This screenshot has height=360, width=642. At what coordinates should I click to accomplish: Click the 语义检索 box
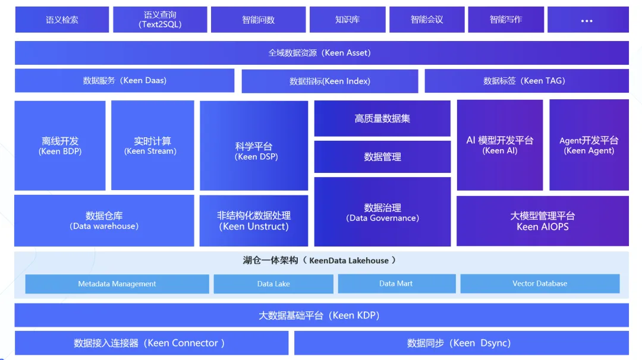point(62,20)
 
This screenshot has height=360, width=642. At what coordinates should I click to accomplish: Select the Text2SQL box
point(160,20)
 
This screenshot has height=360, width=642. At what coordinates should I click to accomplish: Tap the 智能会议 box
point(427,20)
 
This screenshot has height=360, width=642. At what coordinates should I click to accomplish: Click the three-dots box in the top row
point(587,20)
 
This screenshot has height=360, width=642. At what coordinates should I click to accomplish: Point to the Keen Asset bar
point(321,53)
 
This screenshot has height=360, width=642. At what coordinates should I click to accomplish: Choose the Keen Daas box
point(124,81)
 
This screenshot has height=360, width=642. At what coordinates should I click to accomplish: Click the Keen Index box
point(329,81)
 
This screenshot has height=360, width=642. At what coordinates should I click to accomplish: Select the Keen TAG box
point(526,81)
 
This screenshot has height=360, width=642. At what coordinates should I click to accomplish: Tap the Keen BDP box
point(60,146)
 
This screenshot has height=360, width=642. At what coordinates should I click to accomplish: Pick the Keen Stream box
point(152,146)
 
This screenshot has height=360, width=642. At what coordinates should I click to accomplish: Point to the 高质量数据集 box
point(382,119)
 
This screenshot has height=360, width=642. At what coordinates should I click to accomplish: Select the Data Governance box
point(382,213)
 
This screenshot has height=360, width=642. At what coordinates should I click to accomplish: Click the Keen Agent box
point(588,145)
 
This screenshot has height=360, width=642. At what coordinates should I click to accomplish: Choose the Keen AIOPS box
point(542,221)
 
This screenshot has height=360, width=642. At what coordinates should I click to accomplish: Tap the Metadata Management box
point(117,284)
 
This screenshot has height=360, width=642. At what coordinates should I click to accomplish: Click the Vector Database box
point(540,284)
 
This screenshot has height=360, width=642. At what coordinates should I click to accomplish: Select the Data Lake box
point(273,284)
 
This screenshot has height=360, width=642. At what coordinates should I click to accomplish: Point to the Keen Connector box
point(151,343)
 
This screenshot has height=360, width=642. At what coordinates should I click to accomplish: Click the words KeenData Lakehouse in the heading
point(349,260)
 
